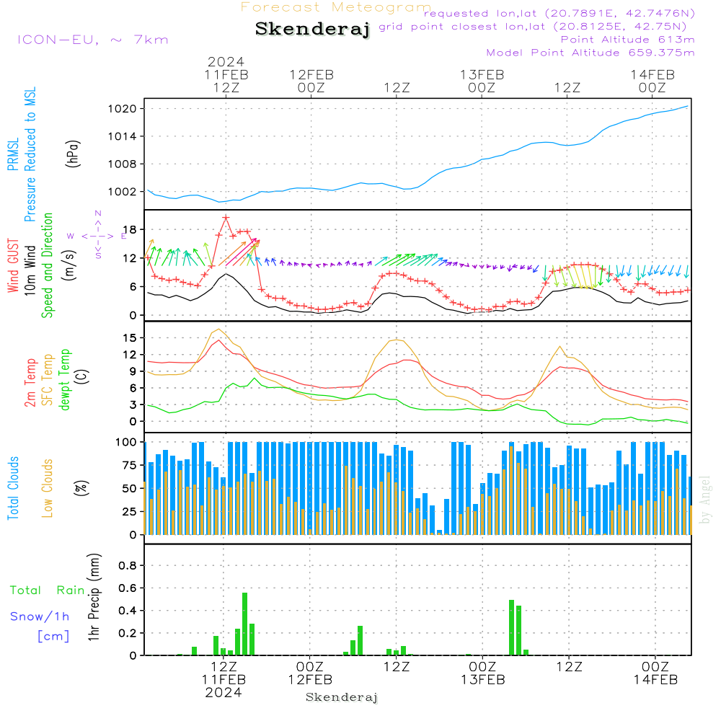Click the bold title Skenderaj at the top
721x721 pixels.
point(313,29)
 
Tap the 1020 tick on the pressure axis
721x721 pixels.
point(123,109)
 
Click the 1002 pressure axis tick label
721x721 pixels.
point(123,192)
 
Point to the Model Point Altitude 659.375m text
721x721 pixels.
point(590,53)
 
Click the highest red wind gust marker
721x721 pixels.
point(225,218)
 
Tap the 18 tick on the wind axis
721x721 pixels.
point(131,229)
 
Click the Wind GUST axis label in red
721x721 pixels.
point(13,266)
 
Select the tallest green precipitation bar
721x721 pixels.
point(244,624)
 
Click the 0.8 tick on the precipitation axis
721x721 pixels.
point(128,565)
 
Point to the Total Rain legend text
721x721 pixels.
point(48,590)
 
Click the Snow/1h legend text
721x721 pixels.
point(40,616)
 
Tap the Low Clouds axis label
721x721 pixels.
point(48,488)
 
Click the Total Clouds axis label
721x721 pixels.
point(13,488)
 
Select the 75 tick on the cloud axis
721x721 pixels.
point(130,465)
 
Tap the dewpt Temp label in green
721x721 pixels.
point(64,380)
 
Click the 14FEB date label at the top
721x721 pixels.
point(653,75)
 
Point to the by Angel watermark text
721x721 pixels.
point(705,500)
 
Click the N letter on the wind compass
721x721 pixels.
point(98,213)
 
